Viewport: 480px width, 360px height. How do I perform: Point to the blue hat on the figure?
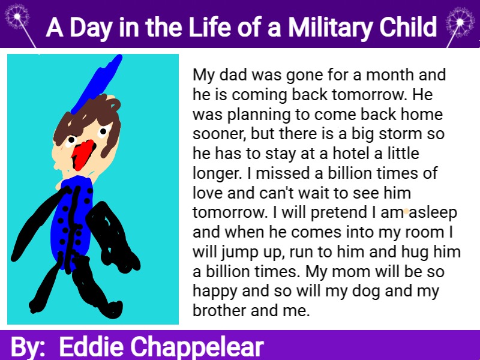97,82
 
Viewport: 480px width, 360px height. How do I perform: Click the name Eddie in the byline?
91,347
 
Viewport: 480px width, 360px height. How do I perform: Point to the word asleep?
433,213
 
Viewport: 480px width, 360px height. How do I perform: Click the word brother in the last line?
220,310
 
